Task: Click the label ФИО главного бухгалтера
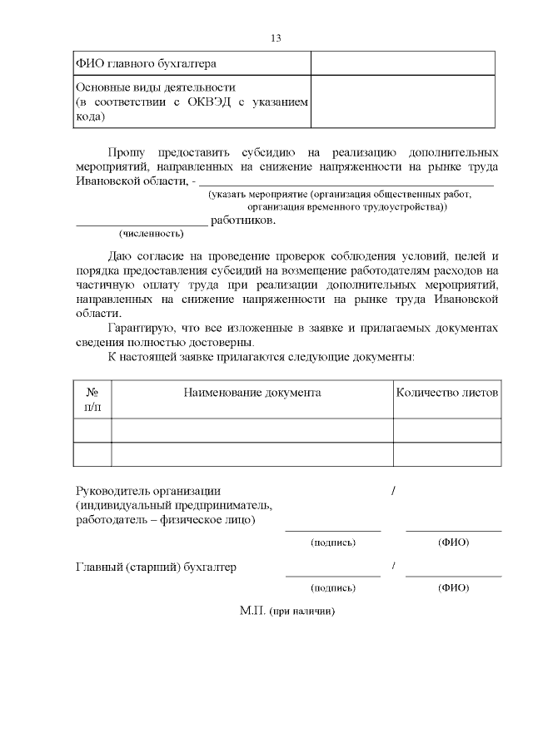147,63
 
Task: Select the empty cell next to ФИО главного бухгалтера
403,63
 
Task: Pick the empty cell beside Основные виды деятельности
403,102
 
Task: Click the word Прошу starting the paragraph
127,152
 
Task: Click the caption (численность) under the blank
152,234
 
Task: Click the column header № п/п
92,399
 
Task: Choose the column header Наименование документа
252,392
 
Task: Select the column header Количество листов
447,392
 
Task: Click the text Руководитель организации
148,491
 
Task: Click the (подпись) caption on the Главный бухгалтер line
333,587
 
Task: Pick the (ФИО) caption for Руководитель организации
453,542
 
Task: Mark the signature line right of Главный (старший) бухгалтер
333,575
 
